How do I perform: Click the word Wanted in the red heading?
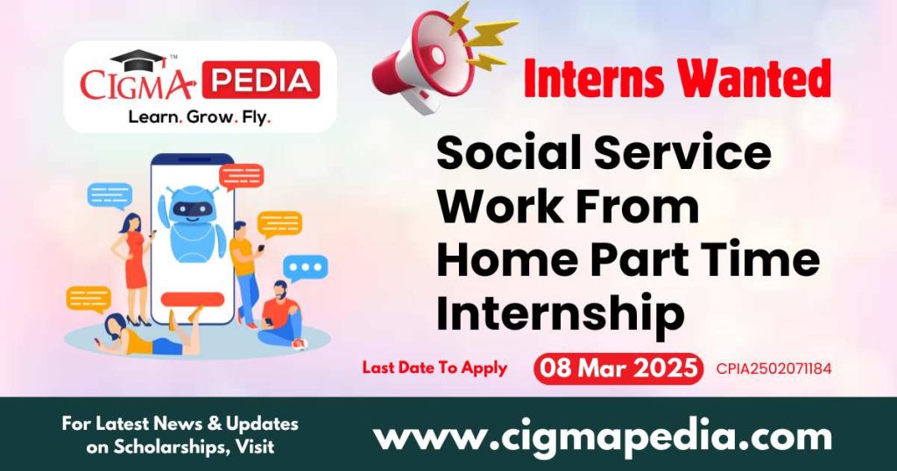click(x=754, y=79)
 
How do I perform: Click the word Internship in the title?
click(x=561, y=313)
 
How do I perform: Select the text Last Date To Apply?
click(x=434, y=368)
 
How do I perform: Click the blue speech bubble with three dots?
click(x=306, y=267)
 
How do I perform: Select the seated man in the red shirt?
click(x=279, y=313)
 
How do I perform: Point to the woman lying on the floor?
click(x=145, y=336)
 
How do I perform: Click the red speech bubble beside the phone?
click(x=241, y=176)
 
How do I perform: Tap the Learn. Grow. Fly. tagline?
click(x=200, y=115)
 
